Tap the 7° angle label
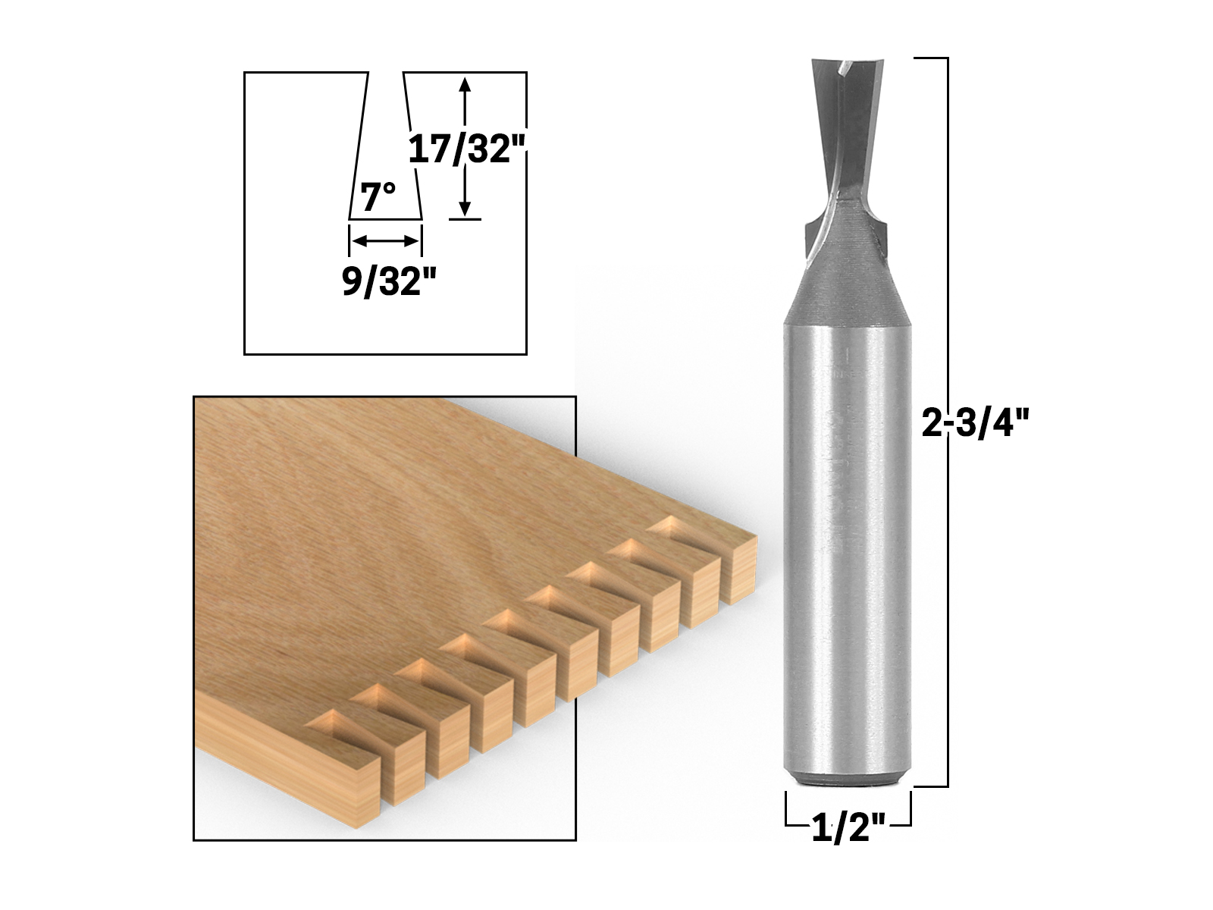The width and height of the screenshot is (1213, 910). [378, 197]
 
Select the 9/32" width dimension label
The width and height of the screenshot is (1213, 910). [389, 281]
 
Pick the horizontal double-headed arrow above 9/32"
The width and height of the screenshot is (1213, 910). [385, 241]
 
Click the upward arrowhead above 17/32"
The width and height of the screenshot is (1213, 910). [465, 84]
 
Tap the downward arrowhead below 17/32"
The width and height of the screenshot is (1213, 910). [465, 209]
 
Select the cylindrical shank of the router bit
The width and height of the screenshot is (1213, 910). [848, 553]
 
